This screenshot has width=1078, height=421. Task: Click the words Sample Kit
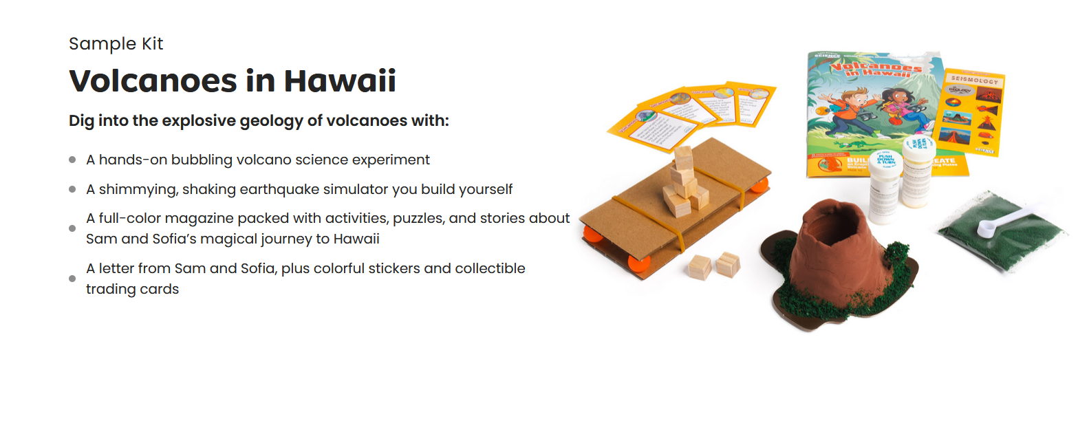coord(116,44)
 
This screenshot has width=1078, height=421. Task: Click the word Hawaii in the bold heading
coord(340,81)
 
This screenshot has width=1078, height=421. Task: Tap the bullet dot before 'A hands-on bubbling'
coord(72,160)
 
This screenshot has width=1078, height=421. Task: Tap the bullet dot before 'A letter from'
coord(72,279)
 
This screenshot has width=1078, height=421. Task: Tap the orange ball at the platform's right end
coord(759,186)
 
